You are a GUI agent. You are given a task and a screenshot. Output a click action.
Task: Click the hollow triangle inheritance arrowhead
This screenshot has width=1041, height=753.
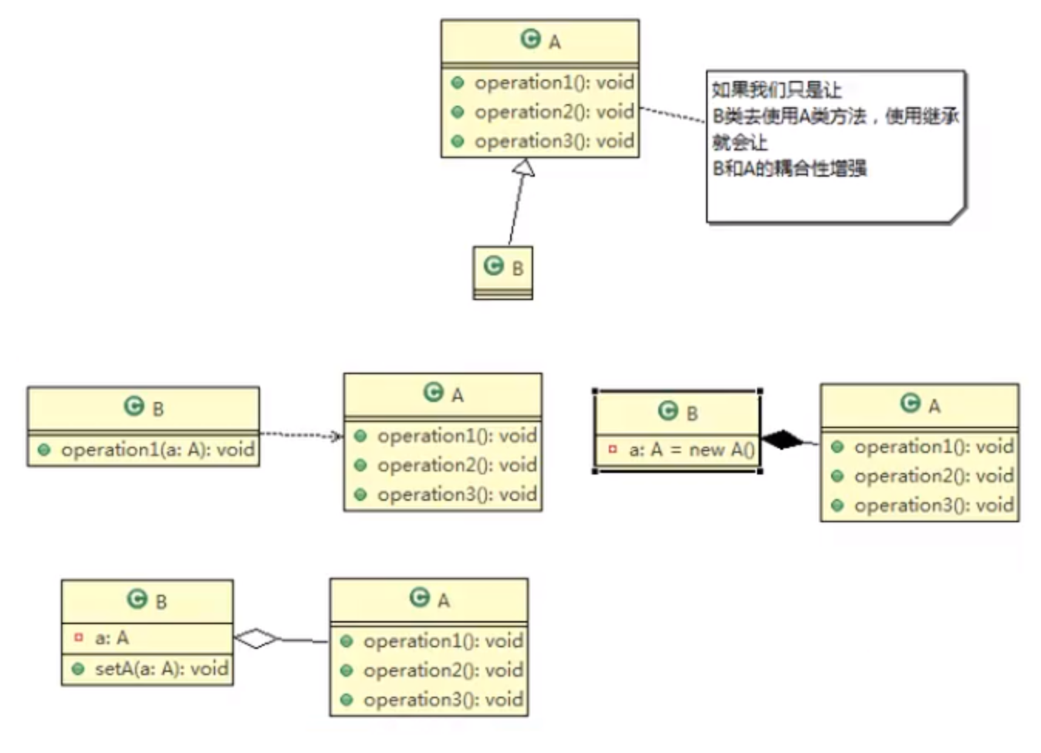[524, 167]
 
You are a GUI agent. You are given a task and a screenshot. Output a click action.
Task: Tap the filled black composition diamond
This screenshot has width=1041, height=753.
[782, 440]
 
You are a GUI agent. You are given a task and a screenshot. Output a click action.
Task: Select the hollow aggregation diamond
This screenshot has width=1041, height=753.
[256, 639]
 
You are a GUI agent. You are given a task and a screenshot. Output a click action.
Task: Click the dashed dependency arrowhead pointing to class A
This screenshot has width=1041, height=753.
[336, 437]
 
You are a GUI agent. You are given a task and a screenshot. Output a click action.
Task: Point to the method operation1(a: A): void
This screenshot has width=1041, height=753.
[157, 450]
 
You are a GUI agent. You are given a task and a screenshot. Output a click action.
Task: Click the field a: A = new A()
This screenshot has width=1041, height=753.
[691, 450]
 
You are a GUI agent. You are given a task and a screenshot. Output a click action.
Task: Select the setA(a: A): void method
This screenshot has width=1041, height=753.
[161, 669]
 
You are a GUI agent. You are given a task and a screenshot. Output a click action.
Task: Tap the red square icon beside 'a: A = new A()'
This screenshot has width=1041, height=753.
[613, 449]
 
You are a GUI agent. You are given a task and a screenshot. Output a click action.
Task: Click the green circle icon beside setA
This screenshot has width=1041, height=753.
[78, 669]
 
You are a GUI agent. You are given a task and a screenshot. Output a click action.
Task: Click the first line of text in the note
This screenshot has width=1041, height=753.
[776, 90]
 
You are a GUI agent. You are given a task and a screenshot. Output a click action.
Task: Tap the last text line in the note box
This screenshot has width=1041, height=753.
[789, 168]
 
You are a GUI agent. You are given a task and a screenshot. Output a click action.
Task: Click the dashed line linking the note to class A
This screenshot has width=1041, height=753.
[672, 114]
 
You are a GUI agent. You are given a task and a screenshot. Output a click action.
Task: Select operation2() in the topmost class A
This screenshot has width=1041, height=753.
[553, 113]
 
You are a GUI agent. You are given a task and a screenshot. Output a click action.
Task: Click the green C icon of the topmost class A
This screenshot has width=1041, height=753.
[530, 39]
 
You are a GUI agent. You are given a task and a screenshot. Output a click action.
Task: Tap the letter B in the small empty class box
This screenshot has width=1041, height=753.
[518, 268]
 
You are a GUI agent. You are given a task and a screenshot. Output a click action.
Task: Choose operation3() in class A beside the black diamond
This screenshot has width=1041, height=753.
[933, 505]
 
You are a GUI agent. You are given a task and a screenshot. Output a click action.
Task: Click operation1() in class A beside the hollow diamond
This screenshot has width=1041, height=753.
[442, 641]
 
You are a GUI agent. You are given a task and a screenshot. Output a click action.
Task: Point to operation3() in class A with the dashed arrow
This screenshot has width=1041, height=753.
[456, 495]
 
